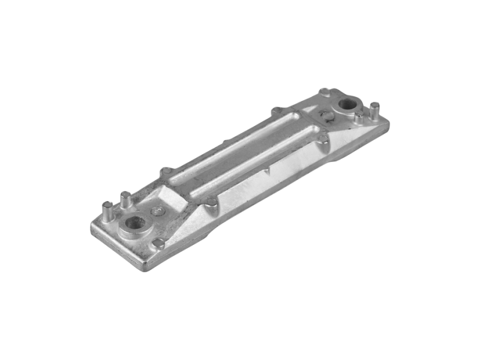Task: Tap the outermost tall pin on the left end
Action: coord(107,210)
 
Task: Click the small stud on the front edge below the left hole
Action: coord(159,244)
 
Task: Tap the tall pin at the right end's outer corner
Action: coord(374,110)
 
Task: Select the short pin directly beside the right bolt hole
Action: coord(359,116)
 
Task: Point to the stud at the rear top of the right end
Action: coord(325,92)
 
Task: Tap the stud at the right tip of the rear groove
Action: coord(277,111)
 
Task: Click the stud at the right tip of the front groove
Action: coord(323,139)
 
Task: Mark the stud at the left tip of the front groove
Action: coord(211,202)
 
